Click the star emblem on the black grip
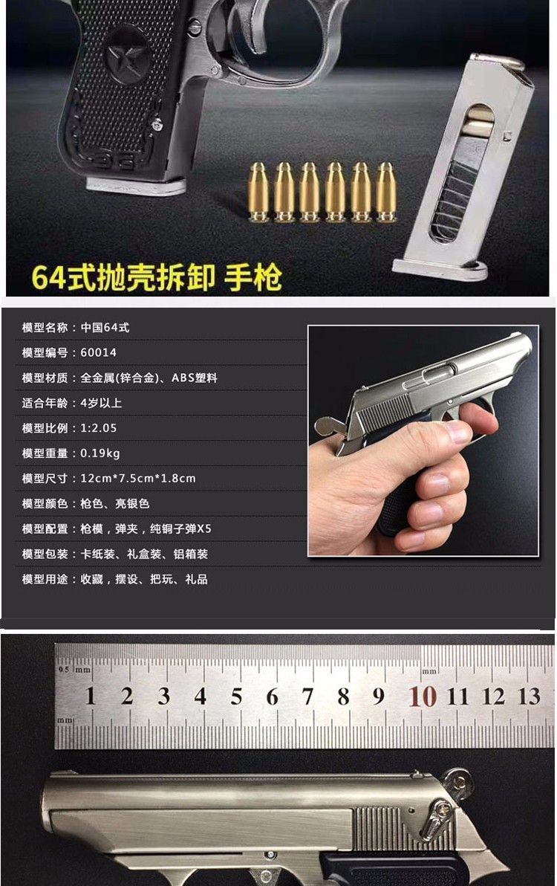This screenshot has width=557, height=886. point(128,55)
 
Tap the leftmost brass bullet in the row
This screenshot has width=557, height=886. point(258,192)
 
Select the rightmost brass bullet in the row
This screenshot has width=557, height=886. point(386,192)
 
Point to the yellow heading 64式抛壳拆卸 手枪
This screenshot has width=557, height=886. point(156,277)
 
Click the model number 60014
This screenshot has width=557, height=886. point(98,352)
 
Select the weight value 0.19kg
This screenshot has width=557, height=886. point(100,453)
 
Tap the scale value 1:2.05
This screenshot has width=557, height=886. point(98,427)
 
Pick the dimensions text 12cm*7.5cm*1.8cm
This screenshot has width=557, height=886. point(137,478)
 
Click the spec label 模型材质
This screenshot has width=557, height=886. point(45,378)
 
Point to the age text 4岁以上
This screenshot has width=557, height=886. point(101,403)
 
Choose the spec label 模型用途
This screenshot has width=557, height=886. point(45,579)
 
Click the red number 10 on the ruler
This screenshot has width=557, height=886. point(423,696)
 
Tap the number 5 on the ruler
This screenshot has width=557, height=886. point(236,696)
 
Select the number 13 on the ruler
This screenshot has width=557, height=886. point(530,696)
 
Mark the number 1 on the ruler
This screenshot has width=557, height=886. point(91,696)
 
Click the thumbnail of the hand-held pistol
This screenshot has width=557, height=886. point(423,441)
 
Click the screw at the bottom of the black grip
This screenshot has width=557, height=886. point(157,124)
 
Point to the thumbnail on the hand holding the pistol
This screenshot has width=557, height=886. point(459,433)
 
